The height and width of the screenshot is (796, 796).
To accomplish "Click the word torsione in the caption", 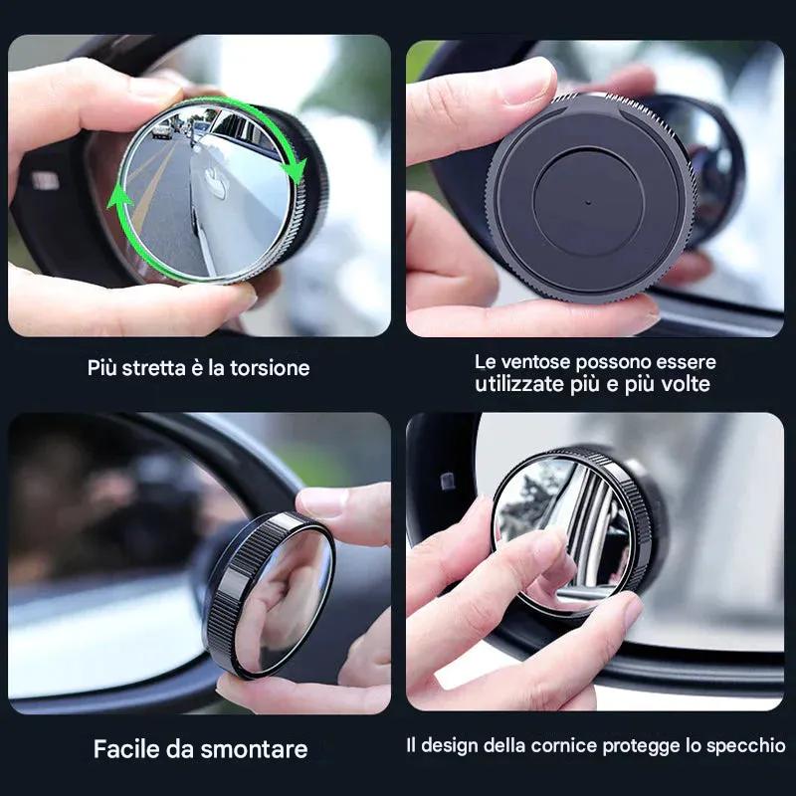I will point(263,368).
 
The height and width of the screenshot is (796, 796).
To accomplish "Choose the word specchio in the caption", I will point(745,745).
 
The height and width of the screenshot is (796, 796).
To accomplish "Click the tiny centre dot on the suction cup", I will point(587,200).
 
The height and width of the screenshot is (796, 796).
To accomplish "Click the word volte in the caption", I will point(683,384).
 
